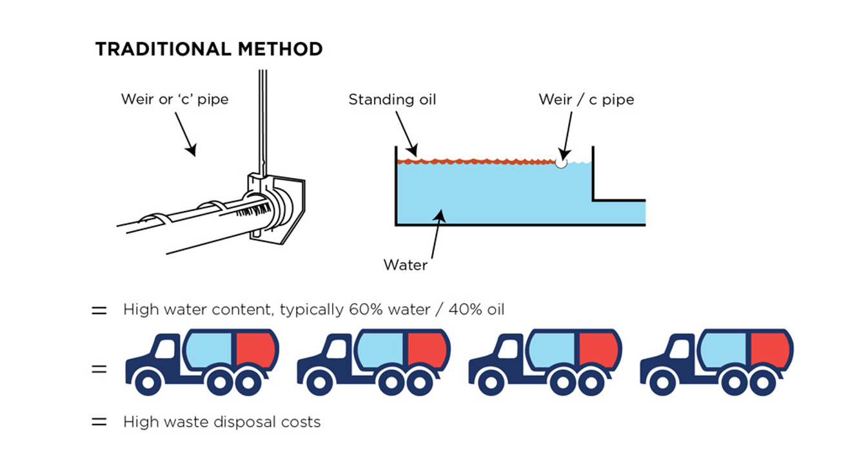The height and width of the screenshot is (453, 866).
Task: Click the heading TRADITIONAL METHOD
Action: pos(209,49)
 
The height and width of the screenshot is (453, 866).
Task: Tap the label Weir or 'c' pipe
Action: pos(175,99)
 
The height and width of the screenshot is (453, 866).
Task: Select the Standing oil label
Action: pos(392,99)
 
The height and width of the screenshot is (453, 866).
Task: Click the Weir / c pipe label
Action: pos(586,99)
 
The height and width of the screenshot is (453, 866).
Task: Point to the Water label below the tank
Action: pos(405,265)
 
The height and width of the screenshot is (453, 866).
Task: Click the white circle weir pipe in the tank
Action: pos(561,163)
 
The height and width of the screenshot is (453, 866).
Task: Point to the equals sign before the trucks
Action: pos(99,370)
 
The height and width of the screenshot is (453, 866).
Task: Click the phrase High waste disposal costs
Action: pos(222,422)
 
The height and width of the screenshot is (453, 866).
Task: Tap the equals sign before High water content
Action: pos(99,310)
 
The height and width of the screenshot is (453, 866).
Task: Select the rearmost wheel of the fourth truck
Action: pos(763,382)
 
